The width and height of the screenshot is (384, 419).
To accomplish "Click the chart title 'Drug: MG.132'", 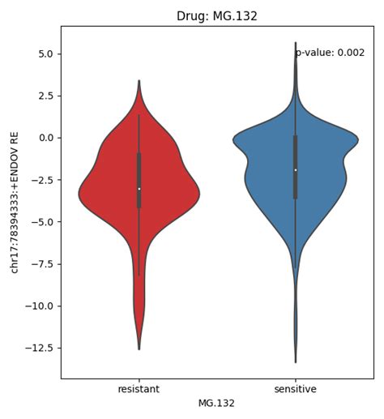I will [217, 16].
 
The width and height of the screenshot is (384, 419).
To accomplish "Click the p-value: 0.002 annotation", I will [330, 53].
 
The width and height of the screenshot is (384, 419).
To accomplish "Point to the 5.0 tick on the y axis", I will [46, 53].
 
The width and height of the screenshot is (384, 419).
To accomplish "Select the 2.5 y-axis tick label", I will [46, 96].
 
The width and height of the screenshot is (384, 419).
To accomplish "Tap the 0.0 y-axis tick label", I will [46, 138].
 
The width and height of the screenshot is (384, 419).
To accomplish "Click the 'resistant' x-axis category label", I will [139, 390].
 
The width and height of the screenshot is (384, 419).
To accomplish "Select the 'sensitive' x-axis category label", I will [295, 390].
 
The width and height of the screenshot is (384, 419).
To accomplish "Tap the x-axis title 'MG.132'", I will [217, 403].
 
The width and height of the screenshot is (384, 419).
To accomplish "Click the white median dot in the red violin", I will [139, 189].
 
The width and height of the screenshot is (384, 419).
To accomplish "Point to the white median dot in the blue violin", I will [296, 170].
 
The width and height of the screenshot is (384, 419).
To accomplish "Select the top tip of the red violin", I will [139, 80].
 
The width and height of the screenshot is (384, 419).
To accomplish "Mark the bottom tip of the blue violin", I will [296, 362].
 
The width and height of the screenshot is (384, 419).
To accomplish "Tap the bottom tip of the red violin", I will [139, 349].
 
